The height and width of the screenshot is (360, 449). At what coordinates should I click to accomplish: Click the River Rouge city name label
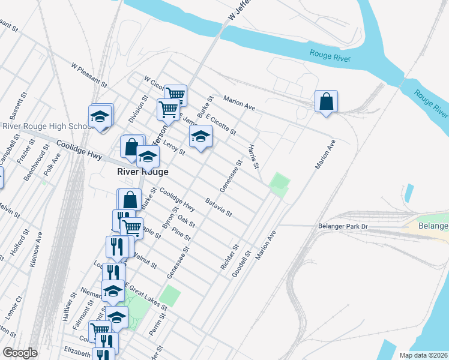pos(142,172)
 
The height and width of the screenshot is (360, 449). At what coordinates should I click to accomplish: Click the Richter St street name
pos(230,256)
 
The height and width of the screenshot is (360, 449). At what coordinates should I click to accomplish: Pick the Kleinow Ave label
pos(38,253)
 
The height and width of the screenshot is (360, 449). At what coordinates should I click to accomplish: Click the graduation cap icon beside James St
pos(200,136)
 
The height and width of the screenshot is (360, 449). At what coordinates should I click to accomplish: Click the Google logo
pos(20,353)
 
